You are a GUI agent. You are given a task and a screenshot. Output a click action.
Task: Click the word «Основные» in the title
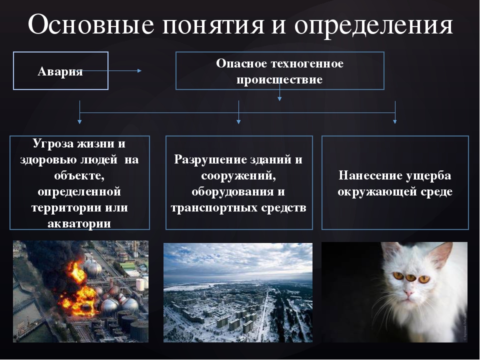click(91, 24)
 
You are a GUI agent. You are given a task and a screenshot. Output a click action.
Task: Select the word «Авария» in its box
click(60, 71)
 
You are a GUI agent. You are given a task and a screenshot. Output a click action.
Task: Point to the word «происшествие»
click(279, 79)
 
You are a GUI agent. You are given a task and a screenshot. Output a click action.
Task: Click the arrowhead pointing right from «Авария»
click(139, 70)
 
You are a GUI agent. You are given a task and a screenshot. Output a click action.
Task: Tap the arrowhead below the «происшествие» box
click(279, 98)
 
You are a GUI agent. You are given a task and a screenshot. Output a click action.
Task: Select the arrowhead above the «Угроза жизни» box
click(79, 121)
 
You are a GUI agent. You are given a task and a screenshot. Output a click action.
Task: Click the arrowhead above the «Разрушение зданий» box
click(239, 121)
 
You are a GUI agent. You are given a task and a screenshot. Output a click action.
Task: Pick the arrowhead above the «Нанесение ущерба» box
click(395, 121)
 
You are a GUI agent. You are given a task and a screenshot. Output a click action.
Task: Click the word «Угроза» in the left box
click(52, 144)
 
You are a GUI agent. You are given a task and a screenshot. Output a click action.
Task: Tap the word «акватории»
click(79, 223)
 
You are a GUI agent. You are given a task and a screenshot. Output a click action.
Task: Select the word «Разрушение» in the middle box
click(210, 160)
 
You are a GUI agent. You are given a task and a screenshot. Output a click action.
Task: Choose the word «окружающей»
click(376, 192)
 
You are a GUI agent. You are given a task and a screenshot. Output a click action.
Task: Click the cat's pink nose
click(408, 294)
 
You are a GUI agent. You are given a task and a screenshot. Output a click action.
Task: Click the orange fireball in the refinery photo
click(76, 288)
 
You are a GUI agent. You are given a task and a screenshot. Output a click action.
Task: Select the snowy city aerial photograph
click(238, 292)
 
